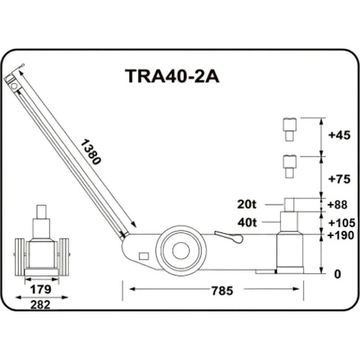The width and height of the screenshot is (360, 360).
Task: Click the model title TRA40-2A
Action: [172, 76]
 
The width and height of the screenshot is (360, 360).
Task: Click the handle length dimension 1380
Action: [91, 152]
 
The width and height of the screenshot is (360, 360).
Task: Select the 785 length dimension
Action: [222, 291]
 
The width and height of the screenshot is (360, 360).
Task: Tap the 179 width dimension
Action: [40, 289]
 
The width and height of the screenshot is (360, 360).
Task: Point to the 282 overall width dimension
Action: [40, 305]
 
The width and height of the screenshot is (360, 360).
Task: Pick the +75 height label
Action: [340, 179]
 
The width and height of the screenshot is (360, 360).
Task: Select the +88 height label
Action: [337, 205]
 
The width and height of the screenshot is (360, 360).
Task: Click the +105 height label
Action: [342, 222]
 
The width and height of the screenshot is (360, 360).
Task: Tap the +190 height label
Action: [341, 235]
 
